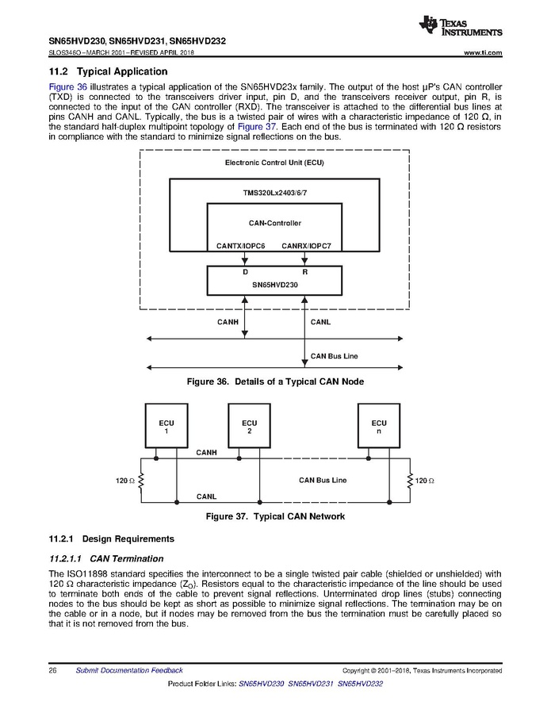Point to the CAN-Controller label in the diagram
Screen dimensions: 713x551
coord(275,223)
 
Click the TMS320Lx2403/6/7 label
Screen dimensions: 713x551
coord(274,193)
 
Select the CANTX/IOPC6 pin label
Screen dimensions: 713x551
coord(240,246)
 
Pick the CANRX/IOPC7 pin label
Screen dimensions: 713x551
coord(306,246)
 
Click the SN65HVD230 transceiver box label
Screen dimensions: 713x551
coord(274,283)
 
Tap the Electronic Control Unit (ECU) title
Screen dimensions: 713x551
coord(274,163)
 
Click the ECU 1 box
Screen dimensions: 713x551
coord(166,427)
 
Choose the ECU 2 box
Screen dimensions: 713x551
coord(249,427)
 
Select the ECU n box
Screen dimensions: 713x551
coord(379,427)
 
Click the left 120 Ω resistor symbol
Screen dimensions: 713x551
coord(141,481)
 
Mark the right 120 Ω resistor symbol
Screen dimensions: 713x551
coord(410,481)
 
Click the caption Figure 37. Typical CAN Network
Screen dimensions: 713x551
coord(275,516)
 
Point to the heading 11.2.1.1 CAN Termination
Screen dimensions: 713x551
coord(106,558)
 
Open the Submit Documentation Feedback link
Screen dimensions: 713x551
coord(128,670)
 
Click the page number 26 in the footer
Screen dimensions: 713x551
coord(52,670)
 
